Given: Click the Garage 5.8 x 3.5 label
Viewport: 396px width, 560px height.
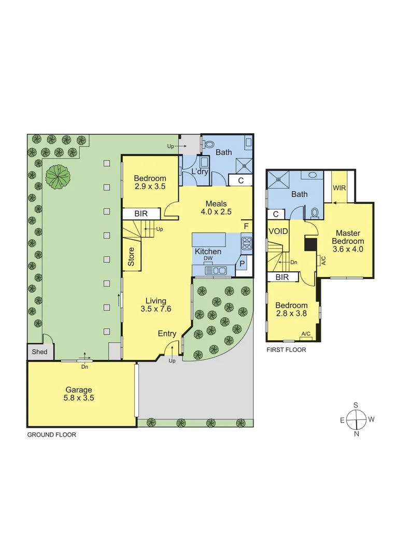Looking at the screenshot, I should [x=79, y=394].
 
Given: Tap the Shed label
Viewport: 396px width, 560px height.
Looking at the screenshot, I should [x=39, y=352].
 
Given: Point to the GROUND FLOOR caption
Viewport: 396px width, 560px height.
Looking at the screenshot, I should [x=51, y=435].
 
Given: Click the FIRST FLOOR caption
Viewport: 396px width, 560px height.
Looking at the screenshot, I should [x=286, y=350].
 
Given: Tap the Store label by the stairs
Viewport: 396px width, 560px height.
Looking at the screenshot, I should [x=131, y=257].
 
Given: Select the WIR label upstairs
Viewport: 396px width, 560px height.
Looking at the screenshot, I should [x=340, y=188].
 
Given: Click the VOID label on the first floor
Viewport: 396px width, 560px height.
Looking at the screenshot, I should [x=277, y=231].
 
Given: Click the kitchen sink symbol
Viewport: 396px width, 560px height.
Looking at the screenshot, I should [x=216, y=270].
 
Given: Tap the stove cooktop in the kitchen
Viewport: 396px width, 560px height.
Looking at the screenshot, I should [x=247, y=243].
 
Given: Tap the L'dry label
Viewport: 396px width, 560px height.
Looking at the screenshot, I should [x=200, y=171].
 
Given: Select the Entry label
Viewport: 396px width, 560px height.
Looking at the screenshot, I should [x=167, y=333].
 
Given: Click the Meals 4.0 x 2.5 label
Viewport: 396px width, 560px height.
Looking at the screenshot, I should [x=216, y=207].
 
